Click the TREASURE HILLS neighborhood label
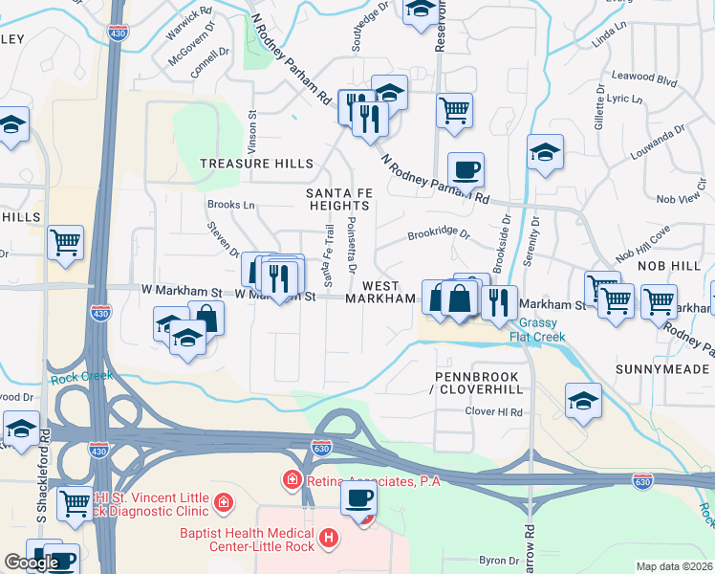256,164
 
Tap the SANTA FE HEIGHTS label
338,199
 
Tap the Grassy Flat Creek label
542,330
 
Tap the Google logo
32,563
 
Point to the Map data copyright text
674,566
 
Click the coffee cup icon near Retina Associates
358,498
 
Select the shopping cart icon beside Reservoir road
455,109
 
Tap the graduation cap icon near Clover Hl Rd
583,401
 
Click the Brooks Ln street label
231,205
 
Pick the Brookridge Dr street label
439,232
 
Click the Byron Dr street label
497,560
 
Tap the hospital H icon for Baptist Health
329,539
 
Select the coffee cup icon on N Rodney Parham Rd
466,170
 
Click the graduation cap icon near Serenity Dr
545,151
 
